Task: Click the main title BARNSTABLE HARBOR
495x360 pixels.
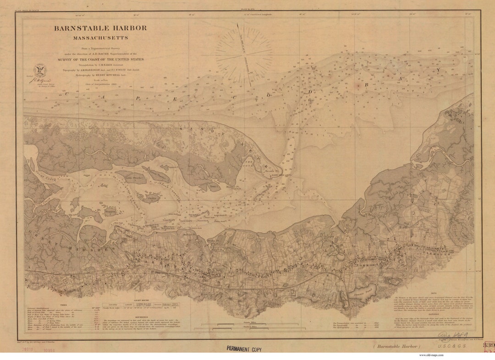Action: click(100, 28)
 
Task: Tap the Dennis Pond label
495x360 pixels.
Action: click(365, 289)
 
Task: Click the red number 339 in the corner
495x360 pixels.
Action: click(489, 346)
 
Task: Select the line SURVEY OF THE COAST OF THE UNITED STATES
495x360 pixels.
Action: click(101, 60)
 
